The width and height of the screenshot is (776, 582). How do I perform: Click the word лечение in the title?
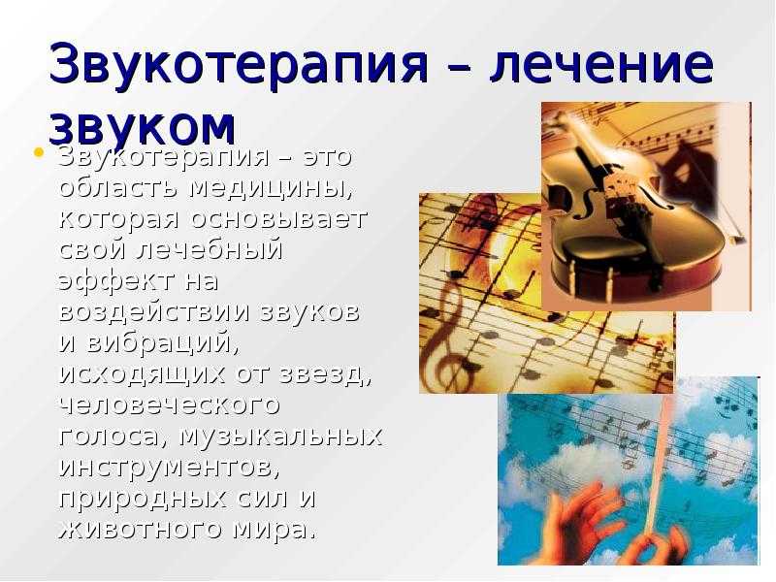[600, 64]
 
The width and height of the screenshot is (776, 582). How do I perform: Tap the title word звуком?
[142, 126]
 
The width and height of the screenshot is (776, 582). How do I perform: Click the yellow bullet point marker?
[39, 152]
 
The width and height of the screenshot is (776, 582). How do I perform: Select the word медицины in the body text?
[272, 188]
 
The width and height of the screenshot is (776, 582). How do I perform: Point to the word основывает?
[278, 219]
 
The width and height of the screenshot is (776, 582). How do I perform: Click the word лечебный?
[209, 249]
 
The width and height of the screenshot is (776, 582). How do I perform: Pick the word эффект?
[116, 280]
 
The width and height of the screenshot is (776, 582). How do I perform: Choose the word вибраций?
[163, 342]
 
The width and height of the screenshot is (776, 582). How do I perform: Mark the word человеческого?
[169, 405]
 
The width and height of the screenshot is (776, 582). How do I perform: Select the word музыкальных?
[280, 436]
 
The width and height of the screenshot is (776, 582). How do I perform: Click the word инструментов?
[169, 468]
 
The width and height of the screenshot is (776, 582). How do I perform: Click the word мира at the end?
[274, 530]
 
